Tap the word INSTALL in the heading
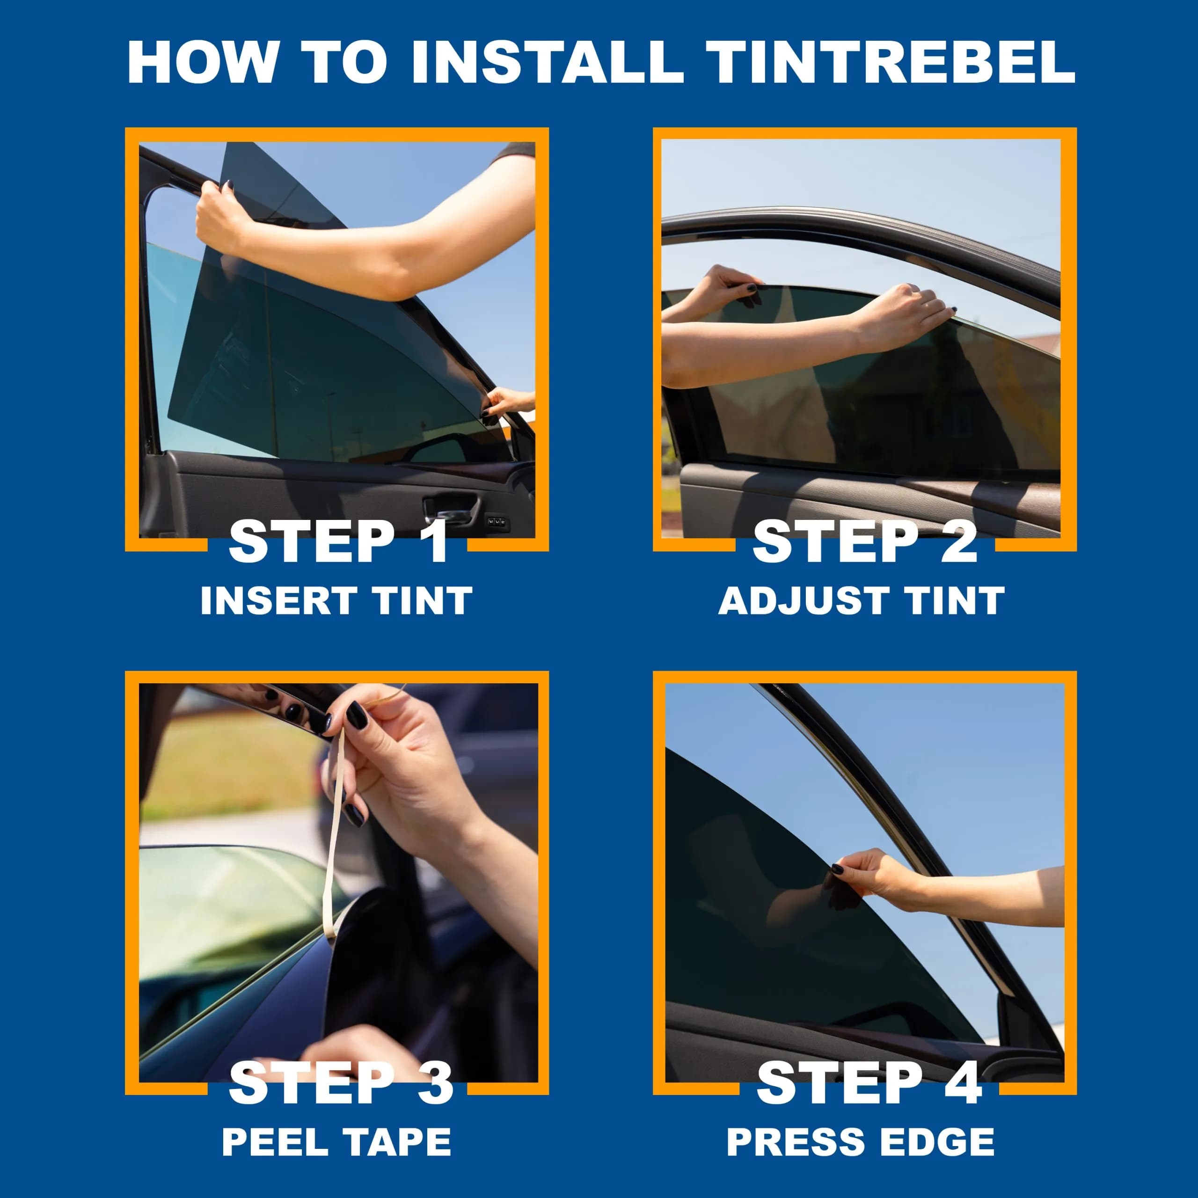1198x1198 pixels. click(x=547, y=62)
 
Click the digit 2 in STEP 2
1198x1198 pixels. click(x=959, y=541)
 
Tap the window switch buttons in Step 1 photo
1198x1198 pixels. click(x=497, y=523)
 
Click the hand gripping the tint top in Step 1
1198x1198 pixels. click(x=217, y=217)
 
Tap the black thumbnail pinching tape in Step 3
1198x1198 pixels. click(x=357, y=715)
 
